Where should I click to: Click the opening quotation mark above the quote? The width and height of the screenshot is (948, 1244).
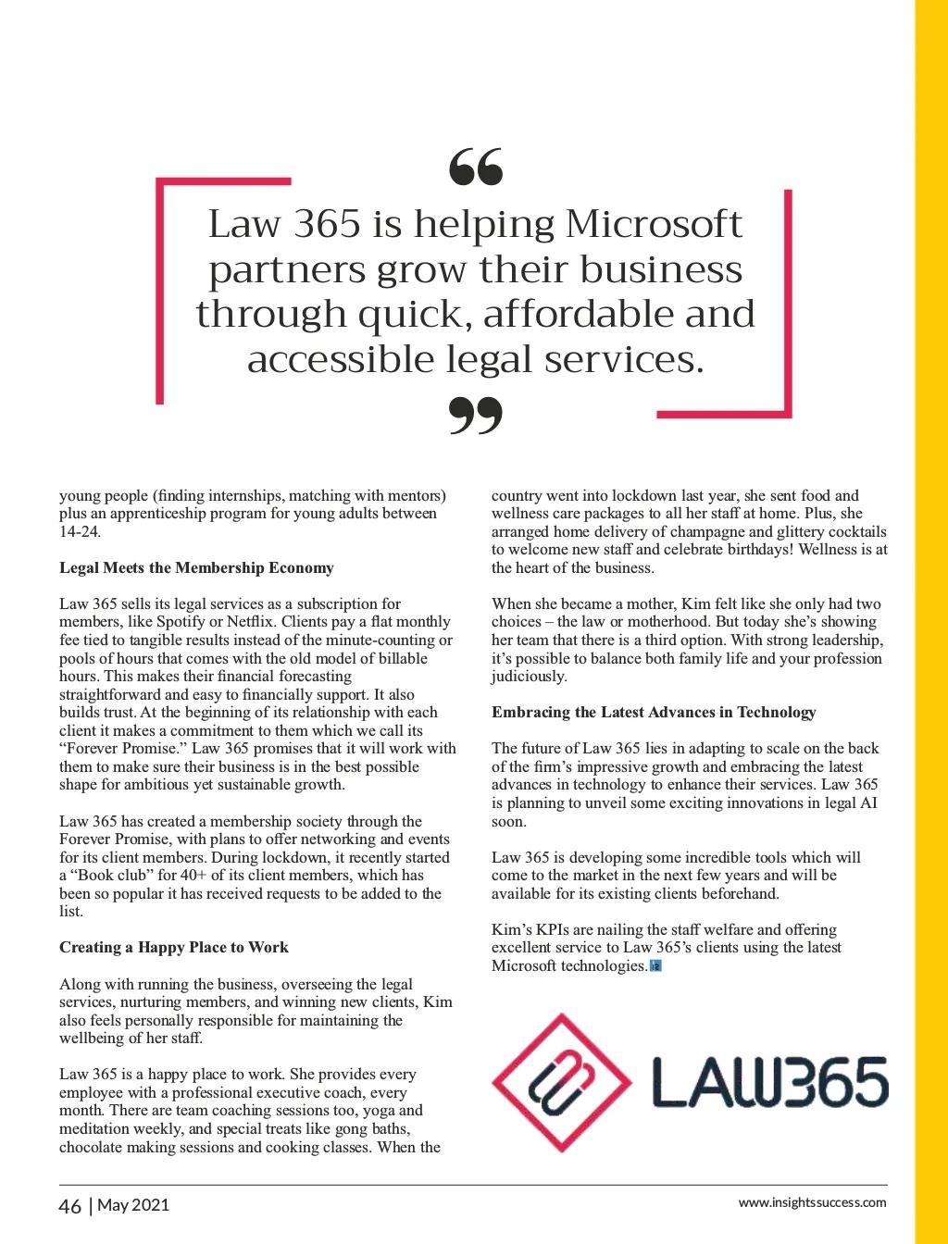pos(476,166)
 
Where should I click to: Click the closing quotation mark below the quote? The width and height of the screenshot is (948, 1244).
pos(476,416)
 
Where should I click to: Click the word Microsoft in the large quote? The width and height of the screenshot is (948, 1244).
pos(653,224)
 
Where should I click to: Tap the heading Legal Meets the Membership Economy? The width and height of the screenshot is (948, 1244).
pos(196,567)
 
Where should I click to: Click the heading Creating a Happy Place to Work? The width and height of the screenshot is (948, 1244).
pos(174,947)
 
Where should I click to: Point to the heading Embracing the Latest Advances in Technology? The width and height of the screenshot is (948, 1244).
pos(654,712)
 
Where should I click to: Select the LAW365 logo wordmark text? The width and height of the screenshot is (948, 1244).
pos(769,1083)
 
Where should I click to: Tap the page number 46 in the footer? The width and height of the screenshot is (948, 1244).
pos(69,1206)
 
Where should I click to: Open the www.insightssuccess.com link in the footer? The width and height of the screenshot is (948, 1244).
pos(812,1203)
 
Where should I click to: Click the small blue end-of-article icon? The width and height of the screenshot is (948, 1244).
pos(656,966)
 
